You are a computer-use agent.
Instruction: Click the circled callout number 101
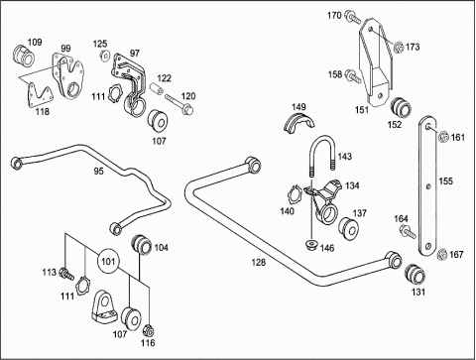pos(108,262)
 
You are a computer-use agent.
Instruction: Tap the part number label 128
pos(258,263)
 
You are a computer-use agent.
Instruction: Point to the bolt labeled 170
pos(353,17)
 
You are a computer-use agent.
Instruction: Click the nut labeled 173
pos(400,48)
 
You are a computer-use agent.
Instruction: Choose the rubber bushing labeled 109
pos(24,57)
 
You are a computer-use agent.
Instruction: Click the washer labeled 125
pos(105,56)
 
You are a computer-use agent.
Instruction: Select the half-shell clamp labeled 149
pos(299,124)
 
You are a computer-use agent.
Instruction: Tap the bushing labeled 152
pos(401,108)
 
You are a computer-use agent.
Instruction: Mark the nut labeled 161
pos(443,137)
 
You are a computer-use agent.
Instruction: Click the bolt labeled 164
pos(408,231)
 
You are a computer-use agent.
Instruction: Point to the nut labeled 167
pos(441,255)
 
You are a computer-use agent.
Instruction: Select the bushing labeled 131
pos(415,274)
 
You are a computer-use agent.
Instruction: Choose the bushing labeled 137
pos(349,228)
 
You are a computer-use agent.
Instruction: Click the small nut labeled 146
pos(311,245)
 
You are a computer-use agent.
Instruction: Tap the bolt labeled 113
pos(66,274)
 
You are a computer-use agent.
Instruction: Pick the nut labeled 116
pos(148,330)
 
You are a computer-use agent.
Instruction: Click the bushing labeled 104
pos(142,245)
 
